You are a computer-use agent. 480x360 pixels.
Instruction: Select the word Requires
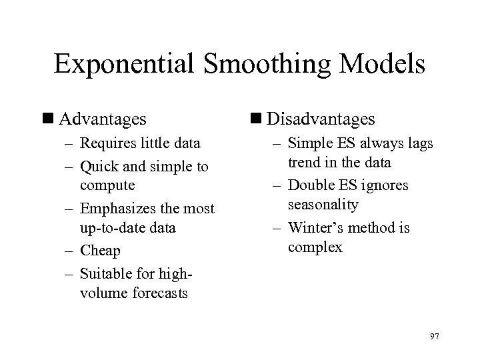tap(108, 143)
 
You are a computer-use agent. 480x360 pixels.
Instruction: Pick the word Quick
tap(99, 166)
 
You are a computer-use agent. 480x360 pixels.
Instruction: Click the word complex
tap(315, 247)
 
